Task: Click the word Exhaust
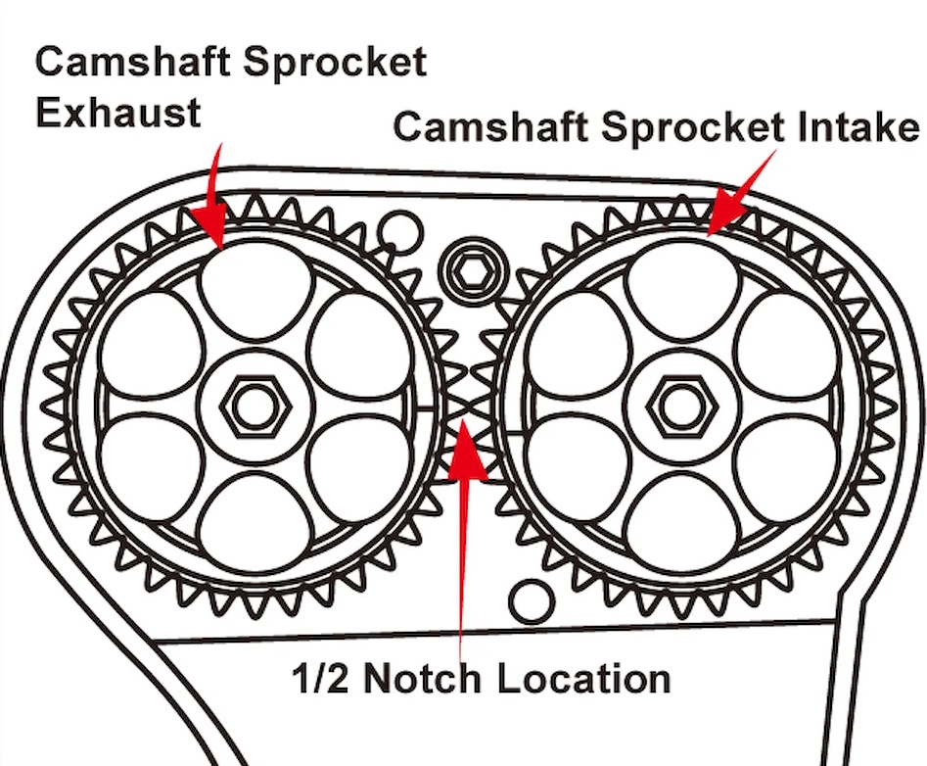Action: click(x=118, y=113)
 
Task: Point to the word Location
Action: click(x=583, y=679)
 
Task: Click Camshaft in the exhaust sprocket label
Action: click(x=132, y=62)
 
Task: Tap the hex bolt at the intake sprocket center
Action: click(x=681, y=407)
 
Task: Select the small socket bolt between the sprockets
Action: click(x=473, y=272)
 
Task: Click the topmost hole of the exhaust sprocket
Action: click(x=256, y=291)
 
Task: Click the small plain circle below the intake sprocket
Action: click(x=532, y=601)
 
